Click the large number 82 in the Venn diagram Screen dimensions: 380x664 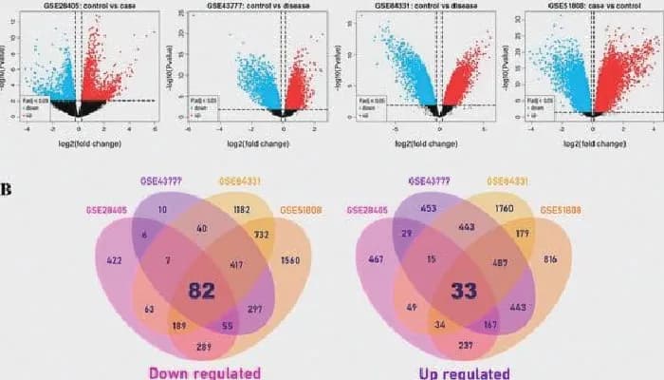pos(201,290)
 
